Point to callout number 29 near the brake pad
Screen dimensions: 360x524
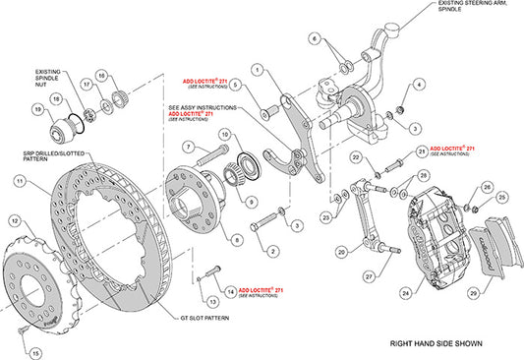pyautogui.click(x=475, y=294)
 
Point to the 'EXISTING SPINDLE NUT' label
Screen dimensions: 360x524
pyautogui.click(x=51, y=79)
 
